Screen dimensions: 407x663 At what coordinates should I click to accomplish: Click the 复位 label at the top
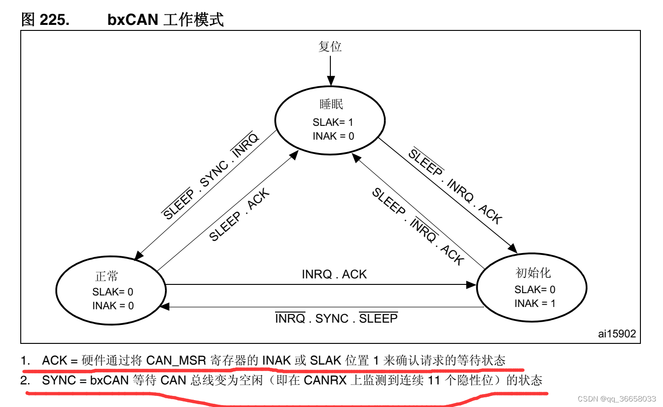[330, 47]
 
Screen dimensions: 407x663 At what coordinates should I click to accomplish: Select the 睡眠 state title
[331, 104]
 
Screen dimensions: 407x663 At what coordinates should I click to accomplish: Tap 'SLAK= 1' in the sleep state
[333, 122]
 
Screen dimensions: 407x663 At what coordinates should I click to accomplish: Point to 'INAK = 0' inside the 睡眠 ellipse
[333, 136]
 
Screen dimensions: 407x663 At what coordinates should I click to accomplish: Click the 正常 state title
[107, 276]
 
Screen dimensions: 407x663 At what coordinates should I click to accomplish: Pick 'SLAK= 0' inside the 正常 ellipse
[112, 292]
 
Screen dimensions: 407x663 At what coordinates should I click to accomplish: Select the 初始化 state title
[533, 273]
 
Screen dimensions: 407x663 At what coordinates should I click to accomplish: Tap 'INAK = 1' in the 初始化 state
[534, 303]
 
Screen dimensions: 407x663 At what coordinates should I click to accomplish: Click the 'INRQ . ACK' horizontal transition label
[334, 274]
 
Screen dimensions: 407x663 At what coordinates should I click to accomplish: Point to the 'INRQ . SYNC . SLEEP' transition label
[336, 319]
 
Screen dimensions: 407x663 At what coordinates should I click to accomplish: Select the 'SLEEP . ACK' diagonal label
[239, 215]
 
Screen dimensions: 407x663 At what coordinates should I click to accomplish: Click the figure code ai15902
[616, 334]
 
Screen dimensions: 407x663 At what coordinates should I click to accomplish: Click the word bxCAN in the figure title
[133, 20]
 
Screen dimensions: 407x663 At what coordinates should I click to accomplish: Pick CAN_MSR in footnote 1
[176, 360]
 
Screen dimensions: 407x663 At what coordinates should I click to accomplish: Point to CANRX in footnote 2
[325, 380]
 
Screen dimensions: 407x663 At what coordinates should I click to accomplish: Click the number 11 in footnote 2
[434, 380]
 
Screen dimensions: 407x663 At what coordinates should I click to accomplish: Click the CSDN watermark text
[616, 399]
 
